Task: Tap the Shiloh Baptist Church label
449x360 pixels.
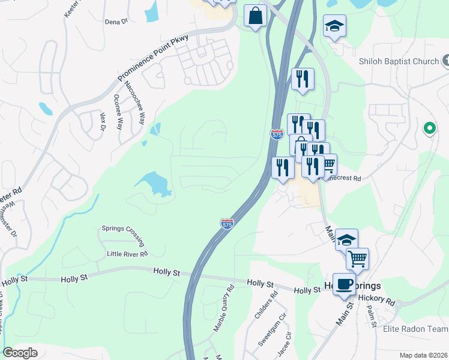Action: coord(399,61)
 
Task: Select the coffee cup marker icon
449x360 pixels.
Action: coord(344,283)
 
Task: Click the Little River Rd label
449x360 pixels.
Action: coord(127,254)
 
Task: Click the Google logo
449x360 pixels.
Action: coord(20,353)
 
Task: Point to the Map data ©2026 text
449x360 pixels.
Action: coord(423,355)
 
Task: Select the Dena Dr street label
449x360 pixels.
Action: coord(116,22)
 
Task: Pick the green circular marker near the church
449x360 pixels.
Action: coord(429,128)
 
